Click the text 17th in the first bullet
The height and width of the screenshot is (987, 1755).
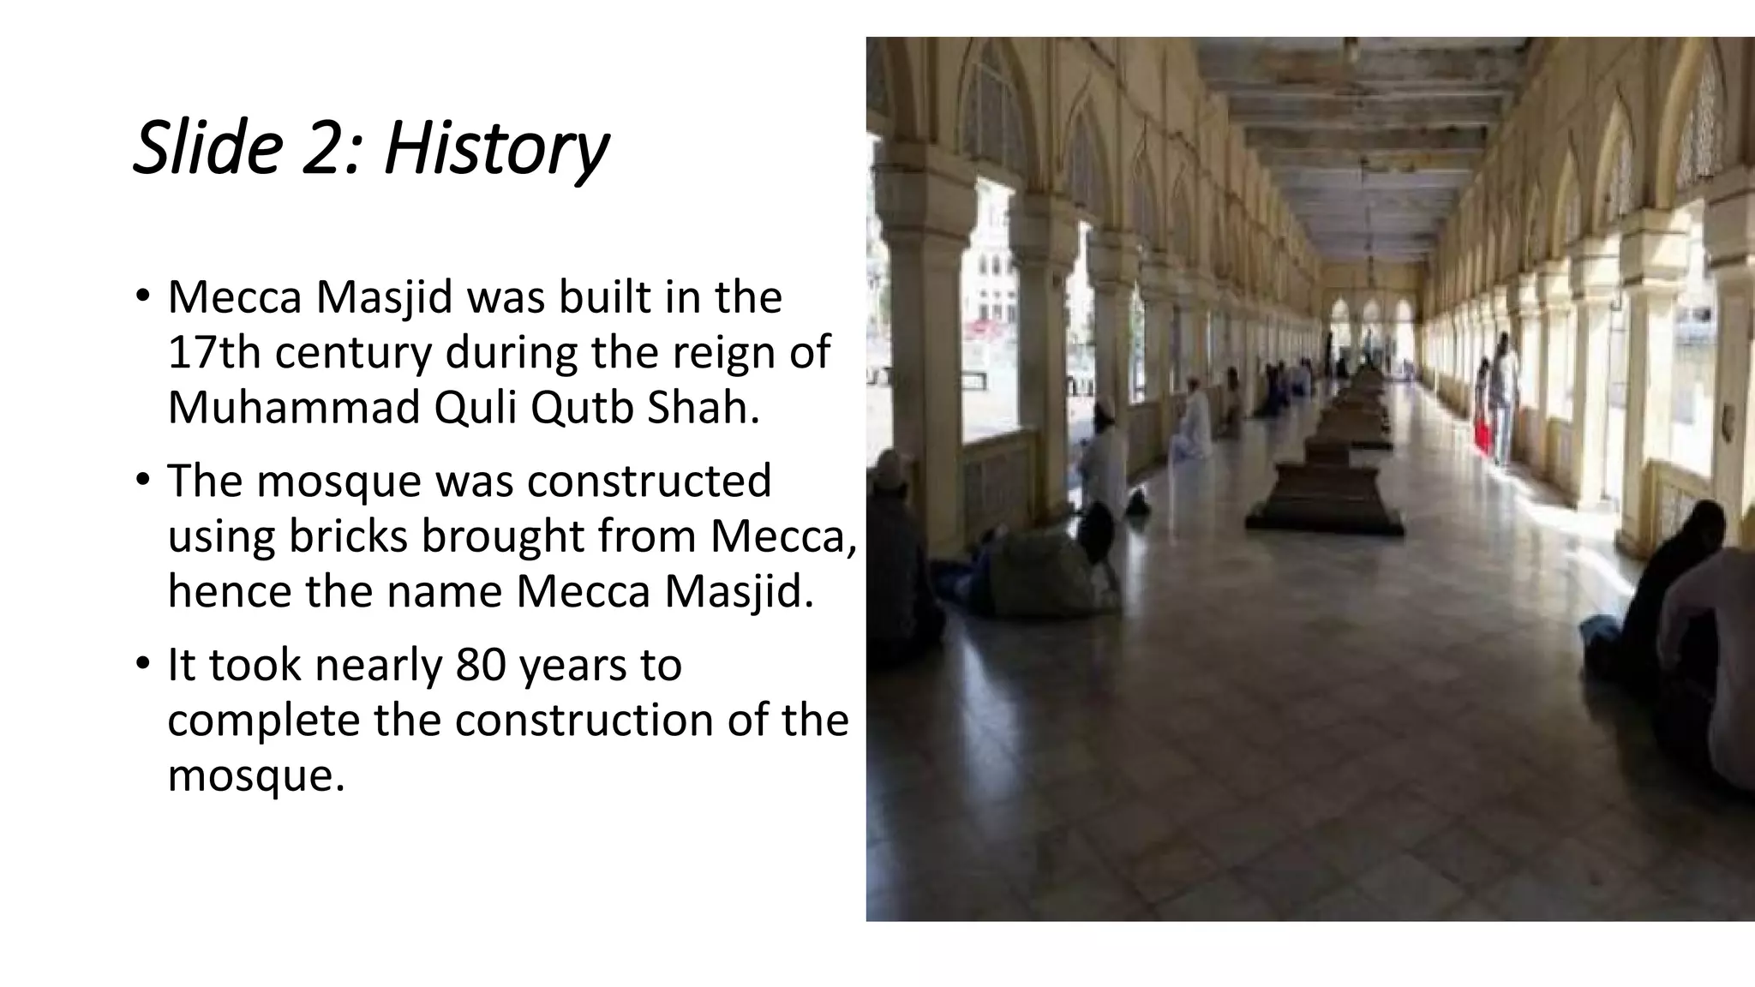(x=214, y=352)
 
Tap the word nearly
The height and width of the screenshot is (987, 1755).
(x=379, y=666)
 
